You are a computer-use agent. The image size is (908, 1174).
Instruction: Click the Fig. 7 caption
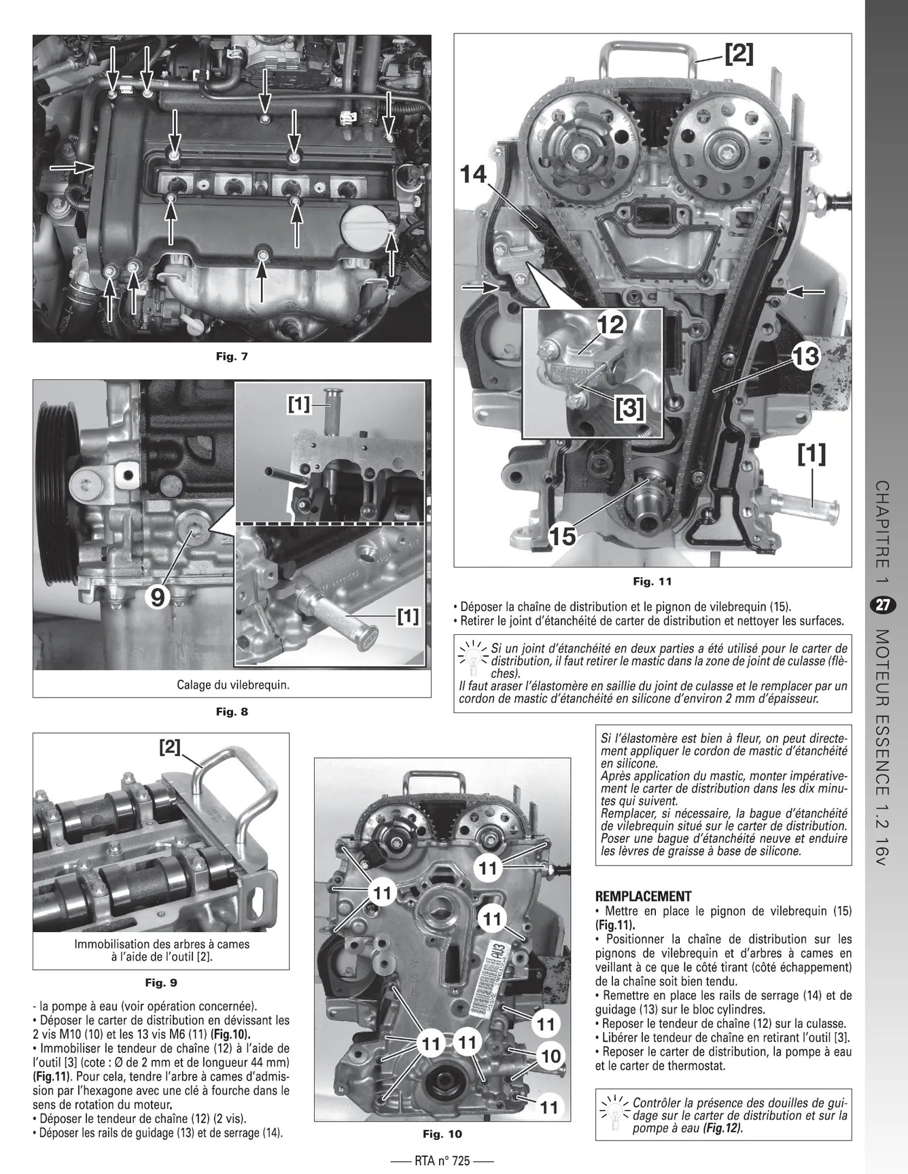[x=232, y=356]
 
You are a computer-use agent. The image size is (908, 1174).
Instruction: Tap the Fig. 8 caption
[x=232, y=712]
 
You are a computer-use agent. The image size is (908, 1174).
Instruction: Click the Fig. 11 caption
[x=652, y=581]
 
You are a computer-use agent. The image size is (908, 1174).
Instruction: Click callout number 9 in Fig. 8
[x=158, y=597]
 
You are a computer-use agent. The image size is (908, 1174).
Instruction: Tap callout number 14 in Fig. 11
[x=473, y=175]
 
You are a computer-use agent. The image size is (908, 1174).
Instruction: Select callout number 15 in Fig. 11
[x=563, y=536]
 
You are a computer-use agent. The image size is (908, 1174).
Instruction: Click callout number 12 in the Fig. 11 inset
[x=610, y=326]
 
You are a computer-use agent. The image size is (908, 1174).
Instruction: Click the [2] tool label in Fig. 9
[x=170, y=748]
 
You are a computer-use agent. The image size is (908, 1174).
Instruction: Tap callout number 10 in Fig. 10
[x=550, y=1056]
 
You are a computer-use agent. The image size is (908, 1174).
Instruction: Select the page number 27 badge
[x=882, y=606]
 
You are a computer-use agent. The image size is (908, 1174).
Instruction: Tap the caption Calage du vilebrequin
[x=232, y=685]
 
